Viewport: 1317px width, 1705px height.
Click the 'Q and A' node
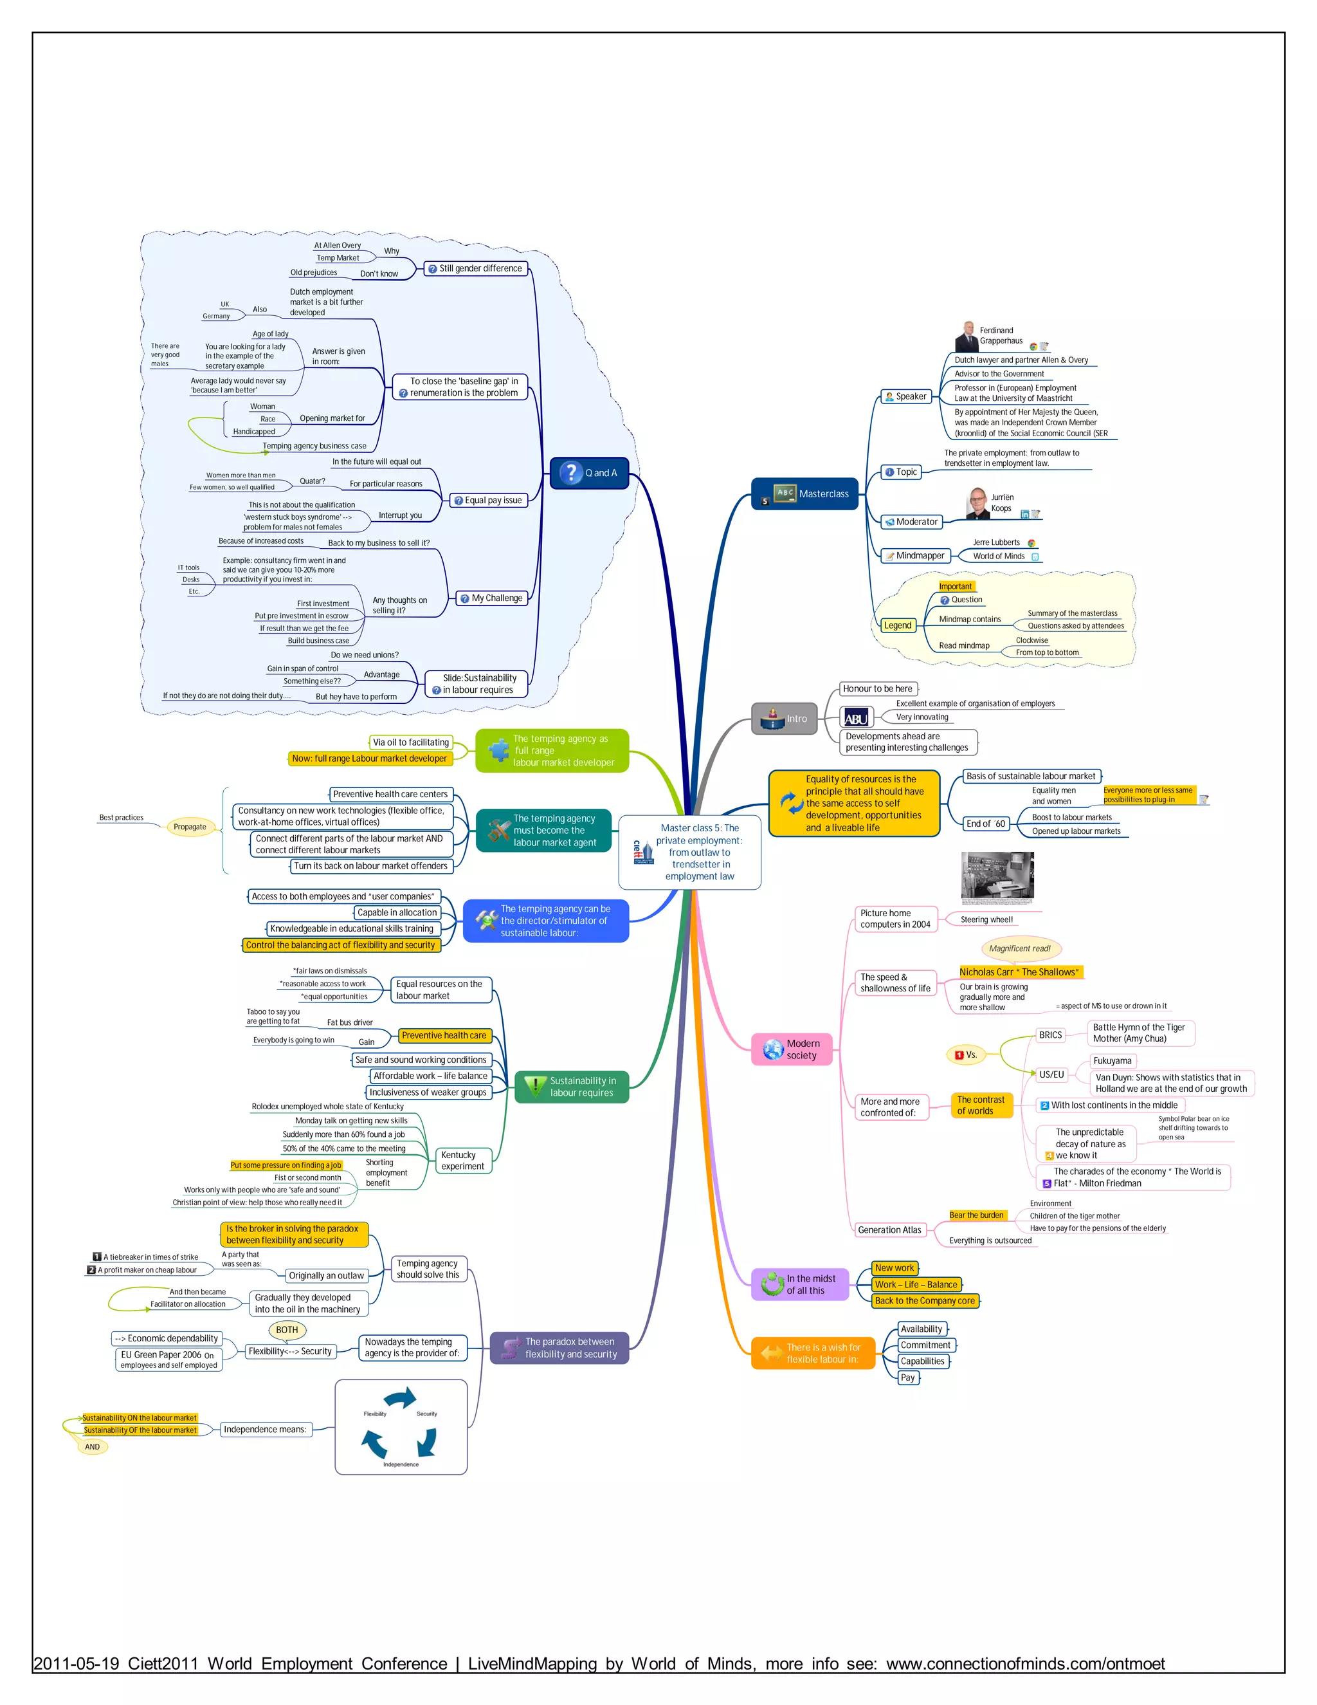(589, 473)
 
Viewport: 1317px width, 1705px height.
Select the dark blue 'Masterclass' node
(804, 494)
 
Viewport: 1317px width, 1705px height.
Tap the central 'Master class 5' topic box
(690, 852)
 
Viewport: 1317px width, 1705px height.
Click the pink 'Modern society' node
(792, 1049)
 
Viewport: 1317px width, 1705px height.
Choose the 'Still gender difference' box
(476, 268)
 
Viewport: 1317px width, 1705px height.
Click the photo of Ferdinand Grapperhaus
(967, 336)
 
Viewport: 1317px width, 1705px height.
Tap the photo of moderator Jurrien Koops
(977, 504)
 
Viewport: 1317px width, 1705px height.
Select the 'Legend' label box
(897, 625)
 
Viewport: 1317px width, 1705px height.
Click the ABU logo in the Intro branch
(856, 717)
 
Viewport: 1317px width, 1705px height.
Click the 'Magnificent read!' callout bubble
(1019, 948)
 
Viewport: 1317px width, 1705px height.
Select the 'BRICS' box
(1050, 1035)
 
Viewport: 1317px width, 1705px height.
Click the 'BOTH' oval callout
(286, 1329)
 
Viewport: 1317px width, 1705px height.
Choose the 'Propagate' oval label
(190, 827)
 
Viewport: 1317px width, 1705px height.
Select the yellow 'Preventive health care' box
(444, 1036)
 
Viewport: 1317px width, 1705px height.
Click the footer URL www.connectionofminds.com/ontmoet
(1024, 1664)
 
